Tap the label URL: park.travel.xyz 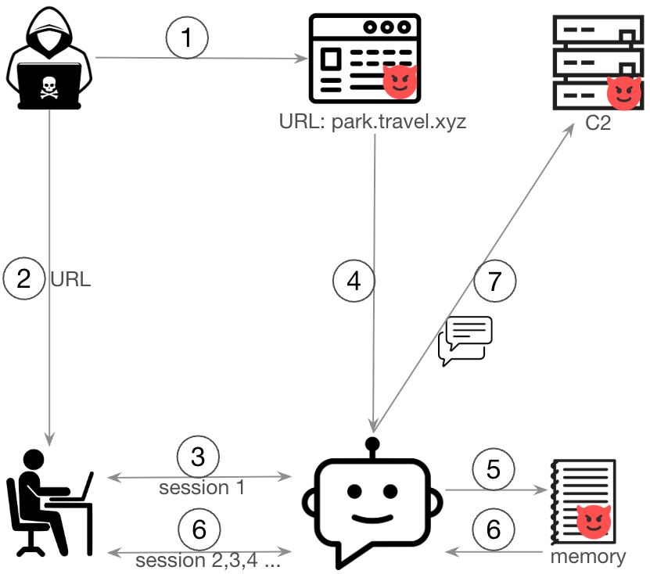(x=372, y=123)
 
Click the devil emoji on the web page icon (x=400, y=81)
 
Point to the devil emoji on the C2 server (x=623, y=93)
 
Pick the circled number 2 (x=24, y=278)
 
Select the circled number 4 (x=354, y=280)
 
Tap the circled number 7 (x=494, y=280)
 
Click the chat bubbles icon (x=465, y=341)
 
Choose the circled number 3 (x=198, y=457)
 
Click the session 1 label (x=202, y=488)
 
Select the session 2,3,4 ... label (x=206, y=561)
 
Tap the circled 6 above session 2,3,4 (x=199, y=530)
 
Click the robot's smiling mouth (x=372, y=518)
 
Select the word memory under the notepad (x=587, y=557)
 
